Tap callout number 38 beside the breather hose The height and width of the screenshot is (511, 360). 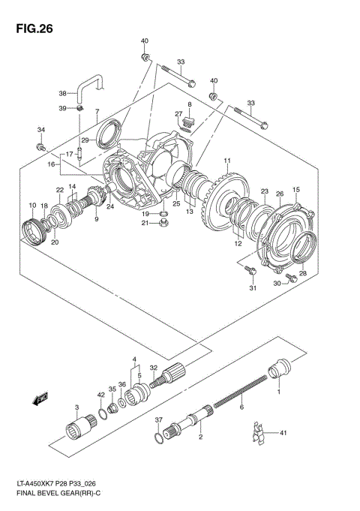[x=62, y=94]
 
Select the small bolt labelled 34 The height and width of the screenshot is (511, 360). [x=41, y=146]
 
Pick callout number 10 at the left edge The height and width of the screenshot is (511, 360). [x=32, y=205]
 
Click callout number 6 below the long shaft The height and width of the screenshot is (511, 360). [x=241, y=407]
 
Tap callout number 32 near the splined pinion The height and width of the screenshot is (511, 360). [x=153, y=368]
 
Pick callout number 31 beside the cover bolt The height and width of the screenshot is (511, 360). [x=253, y=288]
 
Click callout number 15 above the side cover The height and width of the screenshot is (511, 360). [x=296, y=190]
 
